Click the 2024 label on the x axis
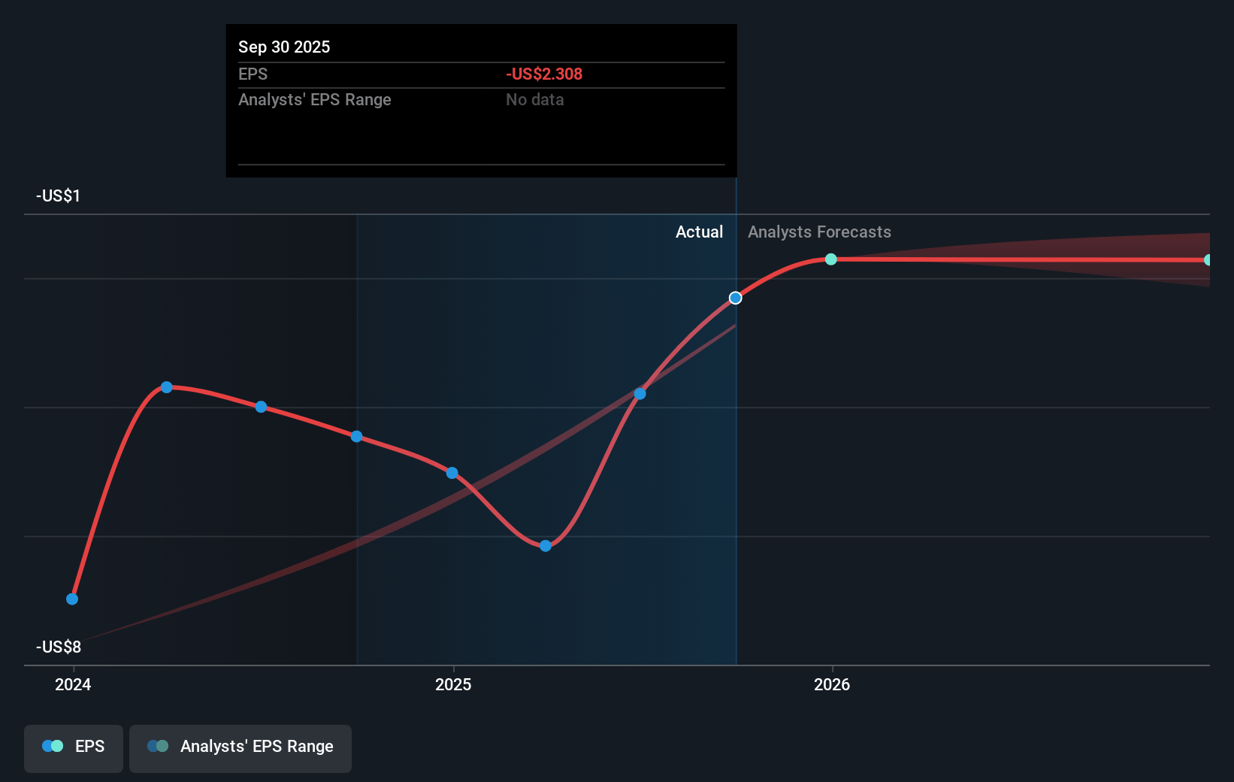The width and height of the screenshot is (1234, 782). tap(73, 684)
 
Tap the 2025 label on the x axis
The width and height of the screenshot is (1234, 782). tap(453, 684)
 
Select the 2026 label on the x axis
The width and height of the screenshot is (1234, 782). tap(832, 684)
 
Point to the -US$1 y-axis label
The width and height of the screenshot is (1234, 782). tap(58, 196)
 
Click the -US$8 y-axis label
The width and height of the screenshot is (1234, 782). tap(59, 647)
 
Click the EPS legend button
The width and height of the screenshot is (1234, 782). tap(74, 747)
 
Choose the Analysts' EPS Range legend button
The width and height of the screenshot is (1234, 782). tap(240, 747)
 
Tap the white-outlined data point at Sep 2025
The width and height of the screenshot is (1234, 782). tap(736, 299)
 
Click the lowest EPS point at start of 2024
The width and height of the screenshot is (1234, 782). tap(72, 599)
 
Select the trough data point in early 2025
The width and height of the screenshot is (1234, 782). tap(546, 546)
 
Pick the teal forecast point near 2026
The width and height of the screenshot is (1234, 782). tap(831, 259)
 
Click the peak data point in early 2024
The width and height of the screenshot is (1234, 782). tap(167, 387)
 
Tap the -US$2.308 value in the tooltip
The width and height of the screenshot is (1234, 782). tap(544, 74)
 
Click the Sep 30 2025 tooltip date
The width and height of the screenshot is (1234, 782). tap(284, 47)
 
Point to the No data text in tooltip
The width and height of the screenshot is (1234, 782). tap(534, 100)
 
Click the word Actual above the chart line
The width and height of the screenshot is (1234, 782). tap(699, 232)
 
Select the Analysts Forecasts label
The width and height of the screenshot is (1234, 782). tap(819, 232)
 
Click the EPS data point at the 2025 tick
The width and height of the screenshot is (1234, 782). tap(452, 473)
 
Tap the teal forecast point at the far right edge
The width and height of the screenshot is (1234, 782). tap(1208, 260)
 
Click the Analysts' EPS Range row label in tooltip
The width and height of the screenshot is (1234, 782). tap(315, 100)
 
